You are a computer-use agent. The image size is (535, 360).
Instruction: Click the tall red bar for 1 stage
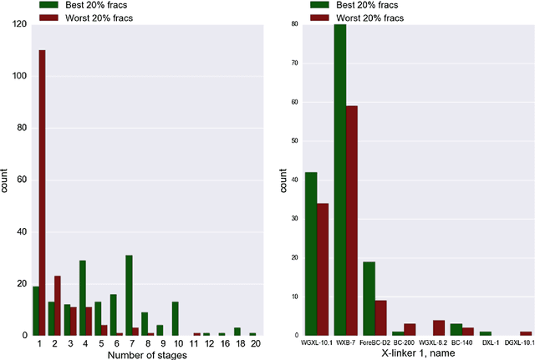point(42,193)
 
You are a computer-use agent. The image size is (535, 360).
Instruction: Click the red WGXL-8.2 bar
point(439,327)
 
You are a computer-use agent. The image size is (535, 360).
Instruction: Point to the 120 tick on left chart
point(18,25)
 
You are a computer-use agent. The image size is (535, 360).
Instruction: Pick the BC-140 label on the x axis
point(461,342)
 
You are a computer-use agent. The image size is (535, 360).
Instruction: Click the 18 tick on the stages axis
point(237,342)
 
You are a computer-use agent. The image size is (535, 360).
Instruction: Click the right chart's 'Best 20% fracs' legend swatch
point(319,4)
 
